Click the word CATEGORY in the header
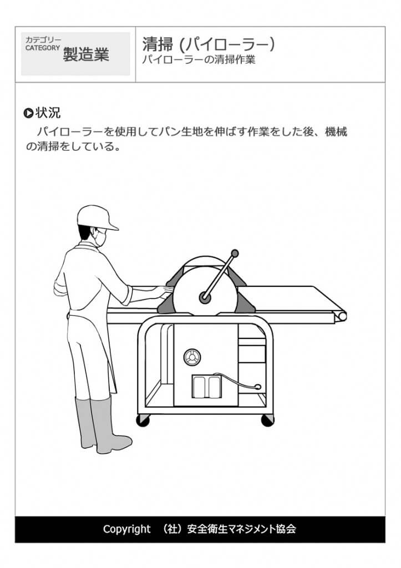click(x=42, y=48)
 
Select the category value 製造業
click(x=86, y=54)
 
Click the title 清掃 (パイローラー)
click(x=208, y=44)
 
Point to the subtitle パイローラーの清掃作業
click(x=199, y=60)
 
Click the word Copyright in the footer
click(x=126, y=529)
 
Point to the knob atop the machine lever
click(x=235, y=254)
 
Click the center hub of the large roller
click(x=205, y=298)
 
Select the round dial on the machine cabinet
click(x=191, y=358)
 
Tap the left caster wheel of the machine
click(x=143, y=420)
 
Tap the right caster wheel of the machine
click(x=267, y=420)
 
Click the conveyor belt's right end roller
click(x=341, y=316)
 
